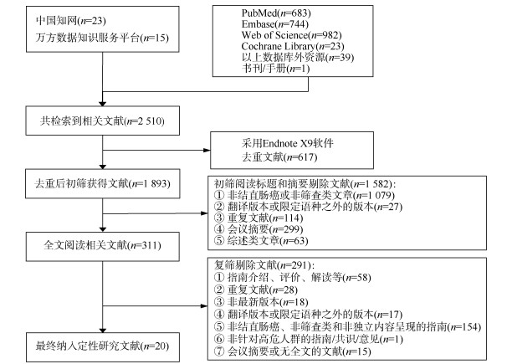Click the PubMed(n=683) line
[x=274, y=15]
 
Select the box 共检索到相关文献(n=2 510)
[x=101, y=122]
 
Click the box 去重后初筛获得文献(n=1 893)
[x=102, y=184]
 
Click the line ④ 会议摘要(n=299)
[x=251, y=227]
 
